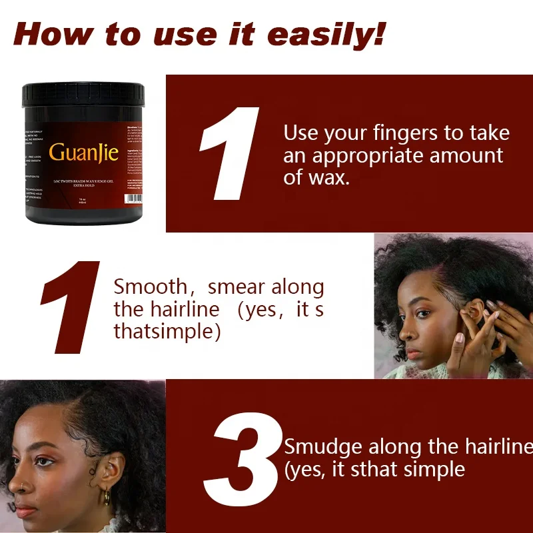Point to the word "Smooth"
pos(151,287)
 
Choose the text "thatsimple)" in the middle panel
pos(167,331)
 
